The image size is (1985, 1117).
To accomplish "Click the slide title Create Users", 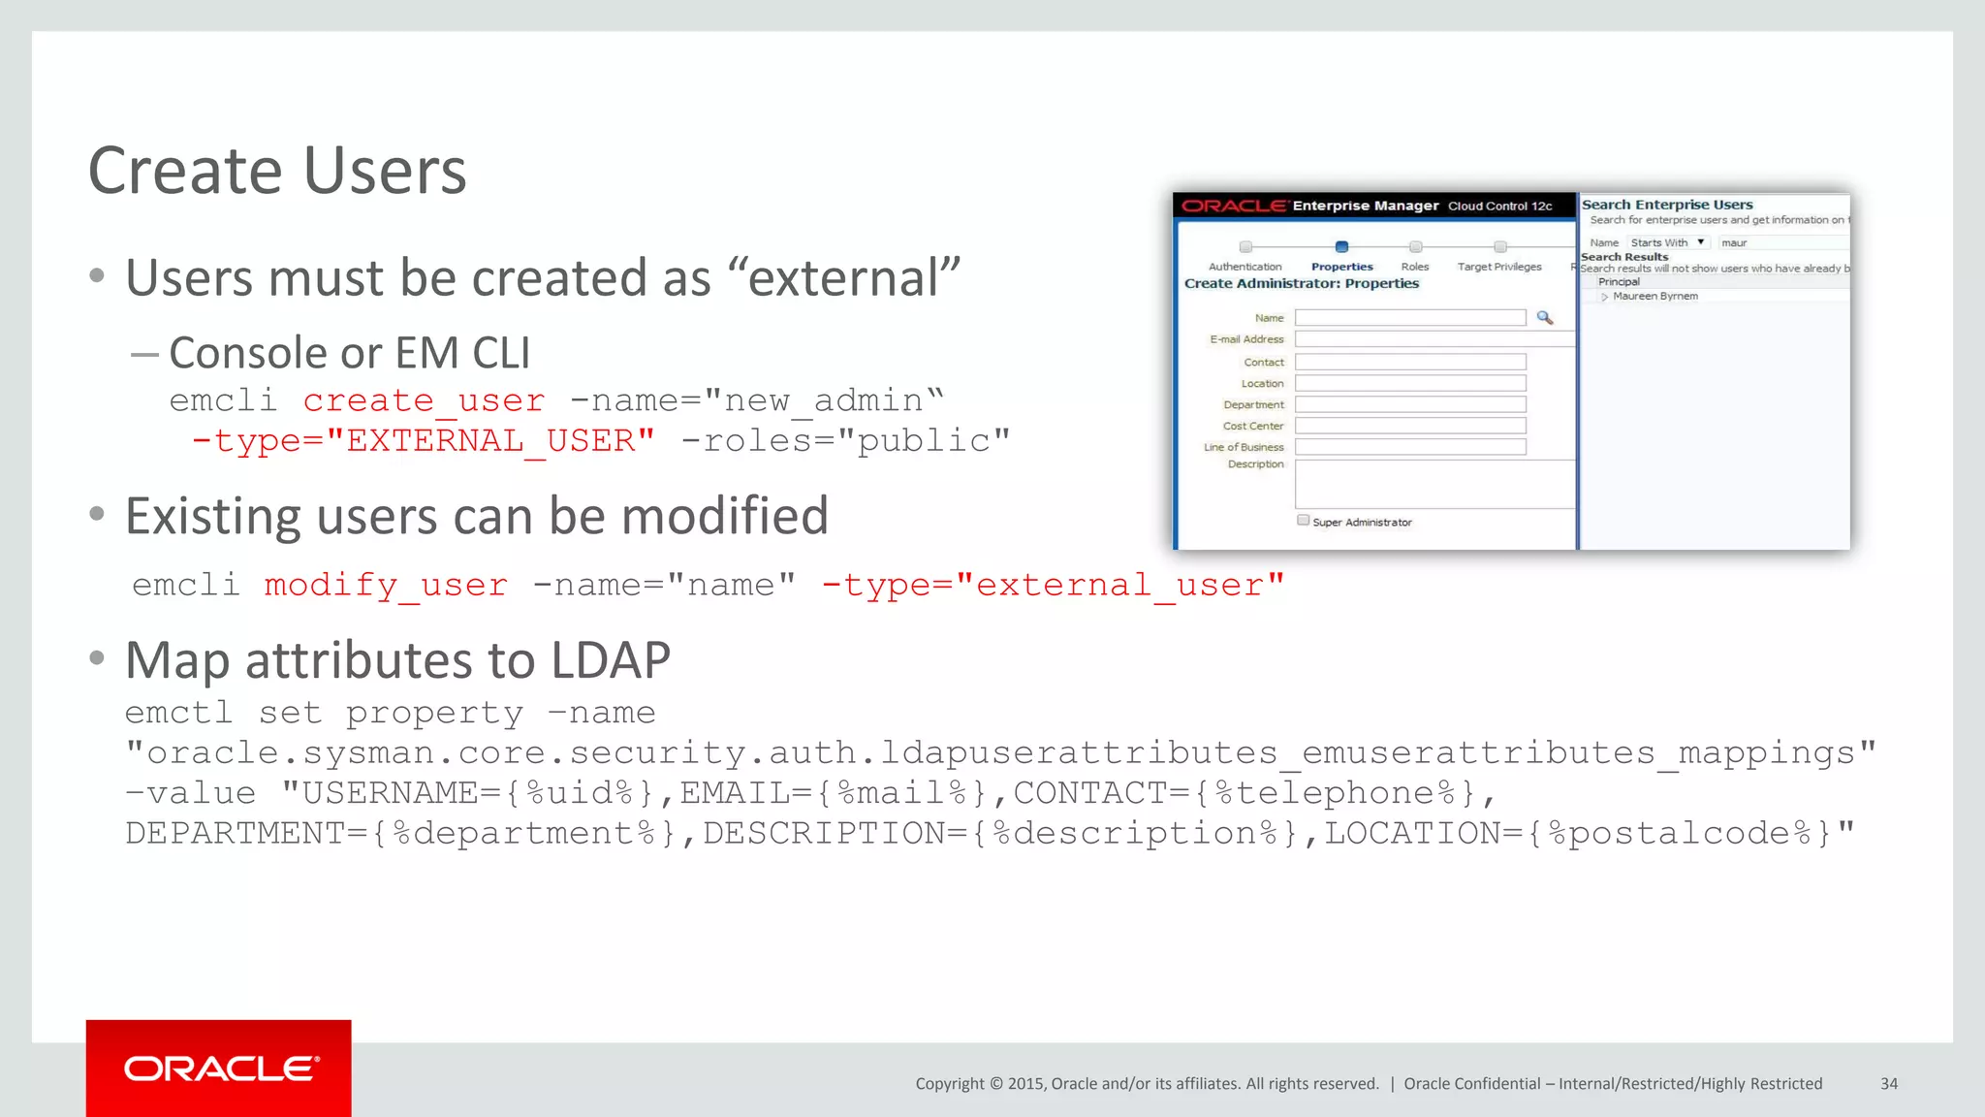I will point(277,171).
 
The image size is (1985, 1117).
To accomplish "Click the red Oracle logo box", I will point(218,1068).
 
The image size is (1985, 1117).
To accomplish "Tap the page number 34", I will point(1888,1084).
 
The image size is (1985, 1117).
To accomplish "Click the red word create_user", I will point(424,400).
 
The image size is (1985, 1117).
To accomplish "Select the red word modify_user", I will point(386,585).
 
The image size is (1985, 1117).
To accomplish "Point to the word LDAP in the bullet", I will point(611,661).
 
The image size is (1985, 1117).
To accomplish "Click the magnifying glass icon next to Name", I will point(1545,318).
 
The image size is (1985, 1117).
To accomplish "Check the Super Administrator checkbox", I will point(1304,521).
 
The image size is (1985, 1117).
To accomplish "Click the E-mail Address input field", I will point(1434,339).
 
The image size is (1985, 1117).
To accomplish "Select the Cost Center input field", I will point(1410,426).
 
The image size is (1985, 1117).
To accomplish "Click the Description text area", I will point(1434,484).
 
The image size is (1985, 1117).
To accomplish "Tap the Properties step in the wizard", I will point(1341,266).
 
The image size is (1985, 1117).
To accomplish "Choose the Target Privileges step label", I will point(1498,267).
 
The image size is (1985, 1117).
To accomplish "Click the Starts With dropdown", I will point(1667,242).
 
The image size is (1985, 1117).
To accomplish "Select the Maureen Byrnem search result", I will point(1654,297).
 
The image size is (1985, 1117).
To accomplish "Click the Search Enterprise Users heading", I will point(1667,205).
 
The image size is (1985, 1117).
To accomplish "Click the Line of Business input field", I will point(1410,447).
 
